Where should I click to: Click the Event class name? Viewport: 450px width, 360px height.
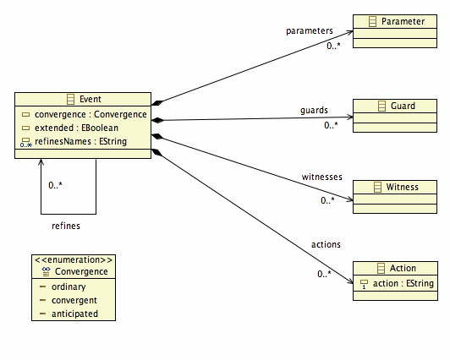pyautogui.click(x=91, y=99)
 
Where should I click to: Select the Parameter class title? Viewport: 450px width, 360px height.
pyautogui.click(x=403, y=21)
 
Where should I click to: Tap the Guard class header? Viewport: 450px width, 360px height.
pyautogui.click(x=403, y=106)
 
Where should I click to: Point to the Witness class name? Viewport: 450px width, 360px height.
pyautogui.click(x=402, y=187)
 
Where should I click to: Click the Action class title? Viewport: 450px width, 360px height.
pyautogui.click(x=403, y=268)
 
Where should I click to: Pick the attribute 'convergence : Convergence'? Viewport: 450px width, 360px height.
pyautogui.click(x=91, y=114)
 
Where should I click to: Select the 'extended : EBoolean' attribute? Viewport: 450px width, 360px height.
pyautogui.click(x=76, y=128)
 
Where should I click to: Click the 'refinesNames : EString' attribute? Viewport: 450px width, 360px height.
pyautogui.click(x=80, y=141)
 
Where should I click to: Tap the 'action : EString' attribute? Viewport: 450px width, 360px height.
pyautogui.click(x=403, y=283)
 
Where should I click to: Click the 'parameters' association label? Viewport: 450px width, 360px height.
pyautogui.click(x=310, y=31)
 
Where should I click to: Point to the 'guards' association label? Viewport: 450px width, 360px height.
pyautogui.click(x=314, y=111)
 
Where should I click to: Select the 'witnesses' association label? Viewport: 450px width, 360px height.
pyautogui.click(x=322, y=177)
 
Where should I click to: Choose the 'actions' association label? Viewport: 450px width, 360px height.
pyautogui.click(x=326, y=245)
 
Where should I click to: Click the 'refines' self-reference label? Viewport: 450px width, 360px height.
pyautogui.click(x=66, y=226)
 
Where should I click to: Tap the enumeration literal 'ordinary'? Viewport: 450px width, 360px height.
pyautogui.click(x=69, y=287)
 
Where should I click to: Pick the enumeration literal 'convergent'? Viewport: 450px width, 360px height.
pyautogui.click(x=74, y=300)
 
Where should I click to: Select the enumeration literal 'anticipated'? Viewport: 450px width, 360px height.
pyautogui.click(x=74, y=314)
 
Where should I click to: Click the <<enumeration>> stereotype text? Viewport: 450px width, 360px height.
pyautogui.click(x=74, y=260)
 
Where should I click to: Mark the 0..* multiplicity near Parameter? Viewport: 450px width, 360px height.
pyautogui.click(x=333, y=46)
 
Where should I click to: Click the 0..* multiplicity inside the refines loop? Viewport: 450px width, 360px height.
pyautogui.click(x=55, y=185)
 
